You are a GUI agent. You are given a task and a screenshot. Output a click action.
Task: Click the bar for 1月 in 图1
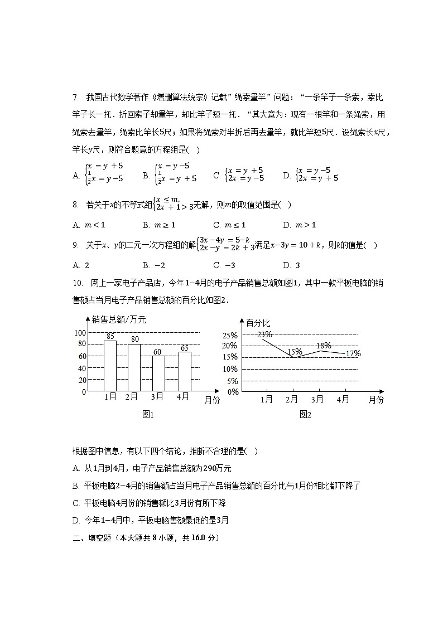(110, 366)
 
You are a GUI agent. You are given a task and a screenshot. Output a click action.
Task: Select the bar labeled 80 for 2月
(134, 367)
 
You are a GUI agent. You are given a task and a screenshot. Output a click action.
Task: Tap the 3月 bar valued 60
(158, 373)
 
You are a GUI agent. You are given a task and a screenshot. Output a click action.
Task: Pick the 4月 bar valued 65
(184, 371)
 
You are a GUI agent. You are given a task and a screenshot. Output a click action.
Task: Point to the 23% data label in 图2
(264, 334)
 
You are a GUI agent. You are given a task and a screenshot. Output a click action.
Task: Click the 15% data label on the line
(295, 352)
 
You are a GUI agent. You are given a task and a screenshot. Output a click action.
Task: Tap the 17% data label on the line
(353, 353)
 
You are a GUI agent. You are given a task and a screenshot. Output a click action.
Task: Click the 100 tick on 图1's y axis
(79, 332)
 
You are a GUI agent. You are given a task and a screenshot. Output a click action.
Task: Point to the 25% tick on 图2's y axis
(231, 336)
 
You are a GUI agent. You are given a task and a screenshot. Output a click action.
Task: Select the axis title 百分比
(258, 323)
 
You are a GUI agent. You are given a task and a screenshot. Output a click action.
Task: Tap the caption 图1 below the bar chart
(148, 414)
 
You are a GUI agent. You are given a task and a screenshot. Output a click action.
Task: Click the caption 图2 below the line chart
(305, 414)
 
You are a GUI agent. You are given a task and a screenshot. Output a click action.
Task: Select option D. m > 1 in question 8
(300, 225)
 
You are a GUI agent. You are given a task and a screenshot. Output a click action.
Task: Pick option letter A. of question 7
(76, 176)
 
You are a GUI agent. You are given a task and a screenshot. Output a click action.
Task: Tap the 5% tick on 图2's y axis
(233, 381)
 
